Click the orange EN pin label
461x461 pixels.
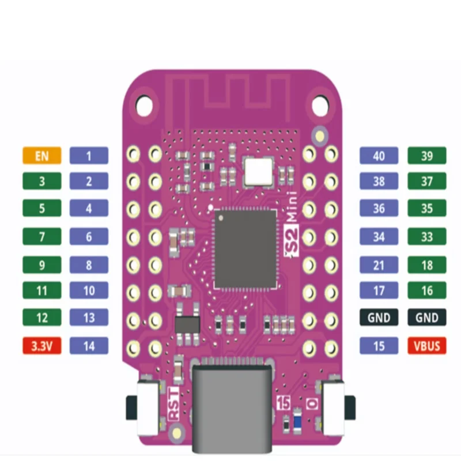click(x=42, y=155)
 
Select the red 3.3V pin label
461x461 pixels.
click(x=42, y=346)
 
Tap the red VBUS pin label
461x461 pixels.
click(x=427, y=346)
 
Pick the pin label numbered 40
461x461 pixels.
click(x=379, y=155)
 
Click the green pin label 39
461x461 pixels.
click(x=427, y=155)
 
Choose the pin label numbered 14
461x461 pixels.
click(x=89, y=346)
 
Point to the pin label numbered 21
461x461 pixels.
click(x=379, y=264)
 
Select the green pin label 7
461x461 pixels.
click(x=42, y=235)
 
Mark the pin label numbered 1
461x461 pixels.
click(x=89, y=155)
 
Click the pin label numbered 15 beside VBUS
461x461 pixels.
click(x=379, y=346)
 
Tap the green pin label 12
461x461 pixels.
click(x=42, y=318)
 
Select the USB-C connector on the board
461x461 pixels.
click(x=230, y=403)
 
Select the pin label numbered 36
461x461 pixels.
click(x=379, y=208)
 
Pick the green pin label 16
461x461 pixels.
click(x=427, y=290)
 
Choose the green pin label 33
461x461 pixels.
click(x=427, y=235)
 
